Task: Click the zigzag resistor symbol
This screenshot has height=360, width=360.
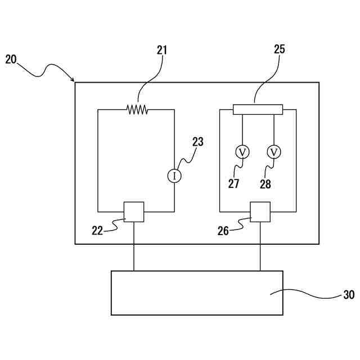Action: pos(137,110)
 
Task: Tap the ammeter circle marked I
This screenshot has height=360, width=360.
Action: pos(174,176)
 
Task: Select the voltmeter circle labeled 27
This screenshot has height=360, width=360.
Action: pos(242,152)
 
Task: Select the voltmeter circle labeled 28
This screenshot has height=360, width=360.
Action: pos(274,152)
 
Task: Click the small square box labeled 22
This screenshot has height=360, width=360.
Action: pos(134,212)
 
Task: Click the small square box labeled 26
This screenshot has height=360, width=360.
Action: pos(260,212)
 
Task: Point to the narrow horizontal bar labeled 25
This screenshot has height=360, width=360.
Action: pos(258,109)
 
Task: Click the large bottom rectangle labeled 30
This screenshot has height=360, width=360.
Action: pos(197,292)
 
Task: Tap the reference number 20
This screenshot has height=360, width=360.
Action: pos(12,59)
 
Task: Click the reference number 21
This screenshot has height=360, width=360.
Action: pos(162,50)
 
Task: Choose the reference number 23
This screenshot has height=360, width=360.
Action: pos(197,142)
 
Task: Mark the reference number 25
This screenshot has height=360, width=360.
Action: pos(280,49)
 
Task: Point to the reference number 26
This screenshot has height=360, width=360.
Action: pos(223,230)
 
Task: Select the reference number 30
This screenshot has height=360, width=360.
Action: pos(349,295)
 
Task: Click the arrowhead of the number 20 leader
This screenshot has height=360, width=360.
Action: pos(73,80)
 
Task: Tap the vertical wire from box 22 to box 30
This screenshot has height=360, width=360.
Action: pos(134,246)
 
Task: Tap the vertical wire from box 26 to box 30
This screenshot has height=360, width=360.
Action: pos(260,246)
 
